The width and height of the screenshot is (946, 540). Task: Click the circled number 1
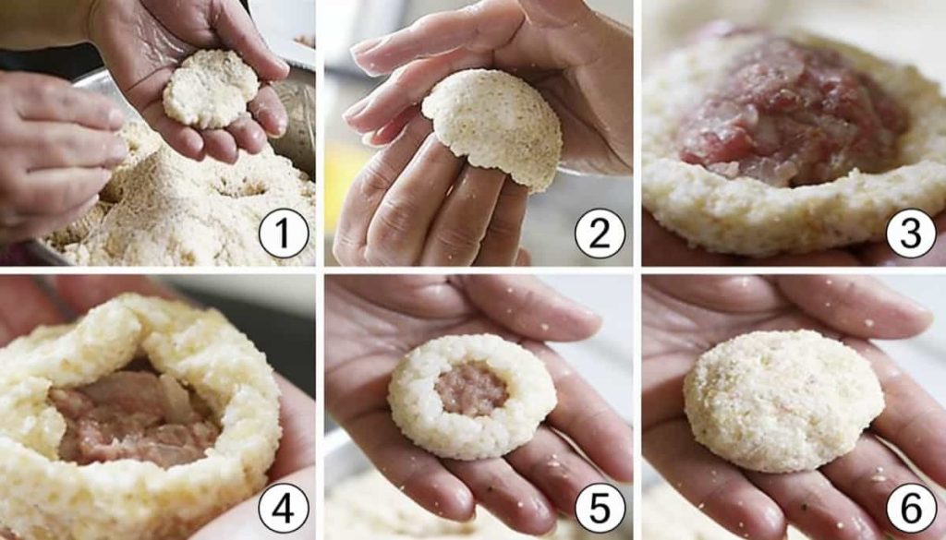pos(284,234)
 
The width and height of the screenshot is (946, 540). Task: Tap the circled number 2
pos(600,234)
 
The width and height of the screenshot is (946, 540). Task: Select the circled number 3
pos(911,234)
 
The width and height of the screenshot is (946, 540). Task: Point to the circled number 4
pos(284,508)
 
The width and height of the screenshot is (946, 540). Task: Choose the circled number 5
pos(600,508)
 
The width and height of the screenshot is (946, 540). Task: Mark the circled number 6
pos(911,508)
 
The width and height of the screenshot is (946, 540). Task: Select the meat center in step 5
pos(471,388)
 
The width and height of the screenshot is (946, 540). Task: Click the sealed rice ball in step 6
pos(783,401)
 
